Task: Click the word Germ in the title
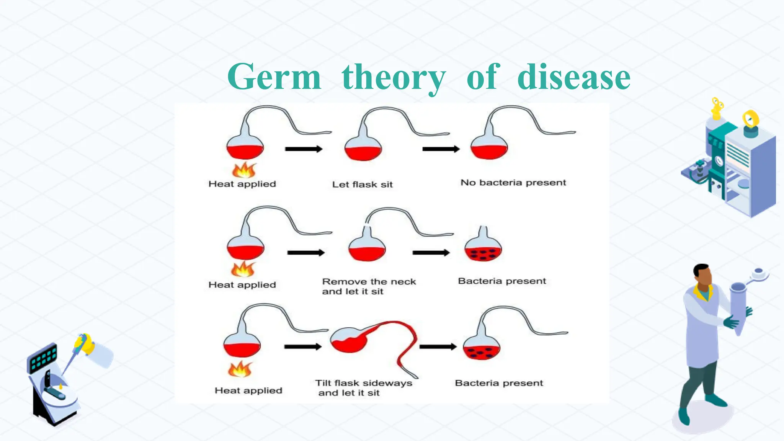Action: pos(274,77)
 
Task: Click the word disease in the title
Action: pos(573,77)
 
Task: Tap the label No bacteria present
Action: pos(513,183)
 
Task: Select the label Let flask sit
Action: pos(362,185)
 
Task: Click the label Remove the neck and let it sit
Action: pos(368,286)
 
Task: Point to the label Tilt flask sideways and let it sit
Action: pos(363,388)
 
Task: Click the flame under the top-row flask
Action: pos(244,170)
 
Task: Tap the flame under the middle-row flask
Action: pos(242,269)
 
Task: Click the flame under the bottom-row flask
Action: pos(240,369)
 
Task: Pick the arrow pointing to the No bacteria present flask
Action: pos(441,149)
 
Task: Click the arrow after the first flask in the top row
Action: pos(304,149)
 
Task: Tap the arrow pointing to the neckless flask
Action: pos(431,253)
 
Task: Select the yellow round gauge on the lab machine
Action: pos(750,119)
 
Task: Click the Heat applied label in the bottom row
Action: pos(248,390)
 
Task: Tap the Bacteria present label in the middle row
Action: pos(501,281)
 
